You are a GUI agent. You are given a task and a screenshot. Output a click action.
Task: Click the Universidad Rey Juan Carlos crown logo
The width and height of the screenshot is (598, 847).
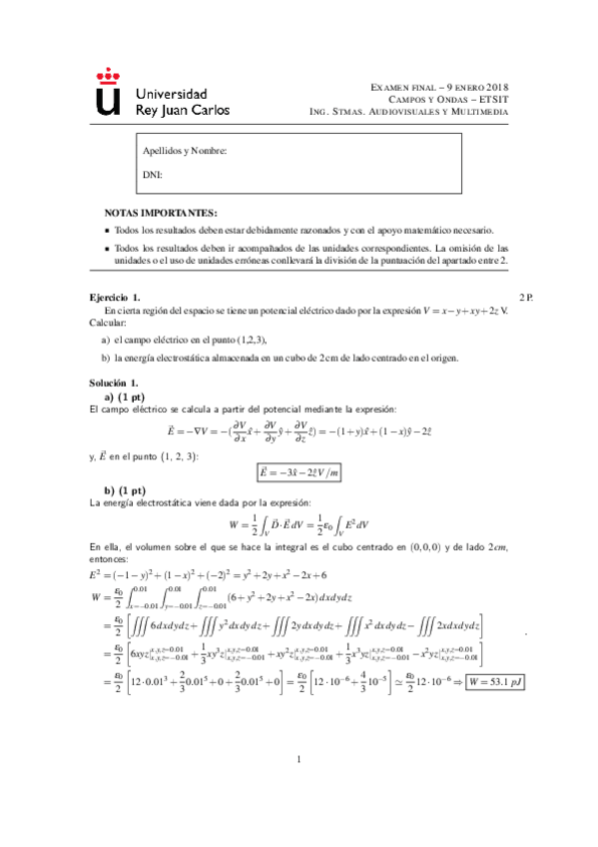[x=109, y=92]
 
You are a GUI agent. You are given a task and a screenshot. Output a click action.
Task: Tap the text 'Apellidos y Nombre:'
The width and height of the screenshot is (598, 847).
[x=186, y=152]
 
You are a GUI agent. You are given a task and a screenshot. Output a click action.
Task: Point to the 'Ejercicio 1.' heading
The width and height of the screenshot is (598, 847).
[x=115, y=299]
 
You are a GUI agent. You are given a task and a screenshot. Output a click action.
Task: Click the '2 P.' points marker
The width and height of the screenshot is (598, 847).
[x=527, y=299]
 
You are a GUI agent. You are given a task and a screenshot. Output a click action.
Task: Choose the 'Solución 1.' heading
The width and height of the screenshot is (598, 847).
[x=113, y=384]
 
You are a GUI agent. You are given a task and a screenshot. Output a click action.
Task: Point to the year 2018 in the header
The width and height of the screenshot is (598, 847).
[x=490, y=87]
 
